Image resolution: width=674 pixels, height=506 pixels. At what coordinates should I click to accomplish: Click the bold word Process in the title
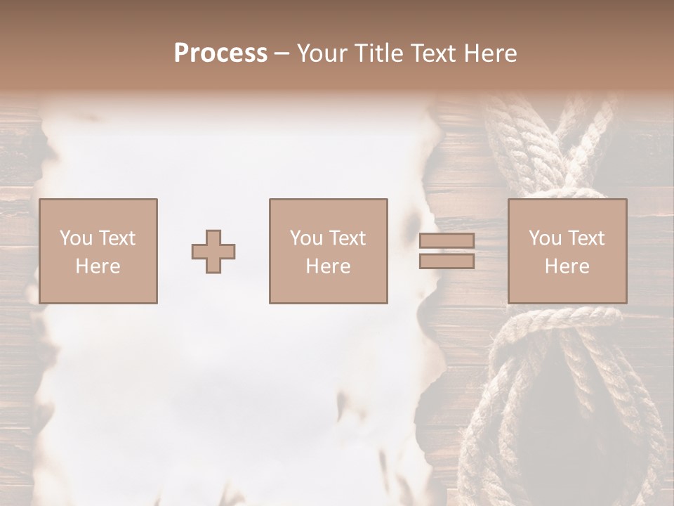pyautogui.click(x=220, y=53)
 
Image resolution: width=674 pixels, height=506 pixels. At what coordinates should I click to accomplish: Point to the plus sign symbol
pyautogui.click(x=213, y=252)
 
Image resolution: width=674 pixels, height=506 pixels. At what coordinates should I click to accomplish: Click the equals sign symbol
pyautogui.click(x=447, y=251)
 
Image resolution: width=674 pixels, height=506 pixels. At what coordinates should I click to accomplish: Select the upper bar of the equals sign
pyautogui.click(x=447, y=241)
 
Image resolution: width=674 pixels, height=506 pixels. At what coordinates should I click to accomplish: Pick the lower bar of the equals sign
pyautogui.click(x=447, y=261)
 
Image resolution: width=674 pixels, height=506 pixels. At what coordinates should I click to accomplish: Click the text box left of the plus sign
pyautogui.click(x=98, y=251)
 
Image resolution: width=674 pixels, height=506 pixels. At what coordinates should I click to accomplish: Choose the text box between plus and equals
pyautogui.click(x=328, y=251)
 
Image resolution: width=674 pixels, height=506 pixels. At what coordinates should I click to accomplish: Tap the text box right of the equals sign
pyautogui.click(x=567, y=251)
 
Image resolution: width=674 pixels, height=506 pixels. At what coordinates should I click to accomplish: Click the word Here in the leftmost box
pyautogui.click(x=98, y=266)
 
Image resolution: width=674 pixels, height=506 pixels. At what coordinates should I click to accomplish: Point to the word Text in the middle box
pyautogui.click(x=347, y=238)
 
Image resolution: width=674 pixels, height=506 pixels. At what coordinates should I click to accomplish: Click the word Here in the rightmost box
pyautogui.click(x=567, y=266)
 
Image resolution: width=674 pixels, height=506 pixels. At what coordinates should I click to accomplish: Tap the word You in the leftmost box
pyautogui.click(x=76, y=238)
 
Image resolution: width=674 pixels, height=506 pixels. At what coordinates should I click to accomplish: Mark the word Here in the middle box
pyautogui.click(x=328, y=266)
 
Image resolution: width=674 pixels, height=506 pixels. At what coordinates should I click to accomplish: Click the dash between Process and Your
pyautogui.click(x=282, y=54)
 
